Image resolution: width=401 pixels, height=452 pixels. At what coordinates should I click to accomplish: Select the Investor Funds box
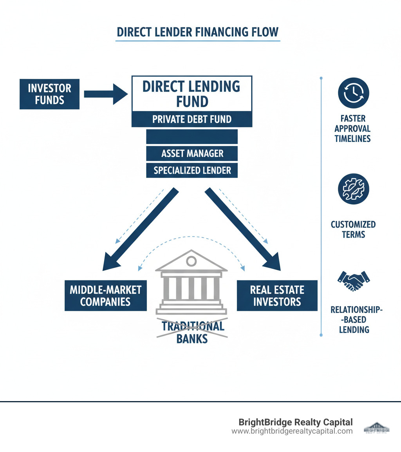[49, 94]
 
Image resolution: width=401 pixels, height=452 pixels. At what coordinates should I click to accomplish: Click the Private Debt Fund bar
[192, 119]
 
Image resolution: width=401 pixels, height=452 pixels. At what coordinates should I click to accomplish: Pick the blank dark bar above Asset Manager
[192, 137]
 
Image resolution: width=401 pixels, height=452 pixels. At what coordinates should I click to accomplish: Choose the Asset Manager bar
[192, 154]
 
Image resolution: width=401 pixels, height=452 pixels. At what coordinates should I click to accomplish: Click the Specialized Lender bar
[192, 170]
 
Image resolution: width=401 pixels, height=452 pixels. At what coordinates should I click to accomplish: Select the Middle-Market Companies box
[105, 296]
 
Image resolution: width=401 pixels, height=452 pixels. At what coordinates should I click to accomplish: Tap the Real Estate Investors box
[277, 296]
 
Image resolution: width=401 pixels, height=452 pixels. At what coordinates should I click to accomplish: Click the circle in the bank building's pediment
[191, 261]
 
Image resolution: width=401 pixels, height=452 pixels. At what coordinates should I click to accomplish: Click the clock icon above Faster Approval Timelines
[353, 93]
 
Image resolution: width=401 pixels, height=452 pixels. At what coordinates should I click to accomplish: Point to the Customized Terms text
[353, 230]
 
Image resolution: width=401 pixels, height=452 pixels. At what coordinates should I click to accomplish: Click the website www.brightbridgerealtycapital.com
[292, 431]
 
